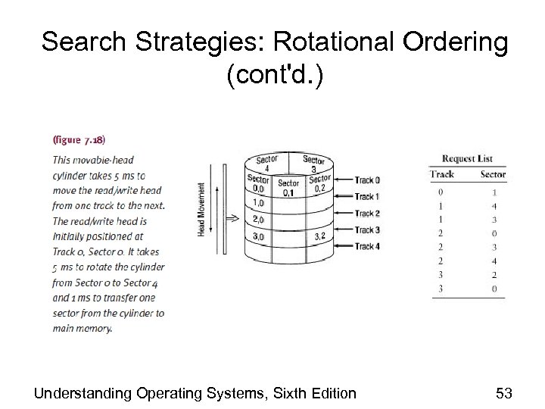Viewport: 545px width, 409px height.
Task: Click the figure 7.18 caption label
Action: tap(79, 141)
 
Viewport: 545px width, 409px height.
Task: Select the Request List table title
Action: tap(467, 158)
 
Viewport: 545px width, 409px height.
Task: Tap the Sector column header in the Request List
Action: tap(493, 174)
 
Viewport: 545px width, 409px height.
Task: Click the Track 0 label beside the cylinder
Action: tap(367, 180)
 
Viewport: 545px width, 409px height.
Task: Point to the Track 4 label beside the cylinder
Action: tap(367, 246)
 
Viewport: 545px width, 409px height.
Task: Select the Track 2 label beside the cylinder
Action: tap(367, 214)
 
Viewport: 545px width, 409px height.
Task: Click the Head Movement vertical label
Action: tap(201, 208)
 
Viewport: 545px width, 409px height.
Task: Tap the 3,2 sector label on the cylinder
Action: tap(319, 237)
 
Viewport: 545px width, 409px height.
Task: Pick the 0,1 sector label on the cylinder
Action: tap(288, 192)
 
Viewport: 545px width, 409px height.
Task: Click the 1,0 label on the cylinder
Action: tap(258, 204)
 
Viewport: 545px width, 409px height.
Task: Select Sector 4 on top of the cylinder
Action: tap(266, 164)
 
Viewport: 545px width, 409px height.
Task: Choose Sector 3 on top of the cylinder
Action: tap(313, 164)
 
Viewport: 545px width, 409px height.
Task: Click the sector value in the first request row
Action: tap(493, 192)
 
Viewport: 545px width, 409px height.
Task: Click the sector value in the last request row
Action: tap(493, 289)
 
